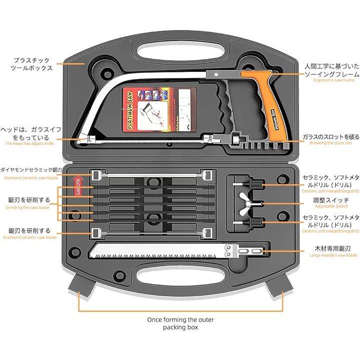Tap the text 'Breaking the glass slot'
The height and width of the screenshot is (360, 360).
331,143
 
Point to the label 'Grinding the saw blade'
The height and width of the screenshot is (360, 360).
27,206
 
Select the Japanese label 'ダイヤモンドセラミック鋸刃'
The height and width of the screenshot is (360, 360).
31,170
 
